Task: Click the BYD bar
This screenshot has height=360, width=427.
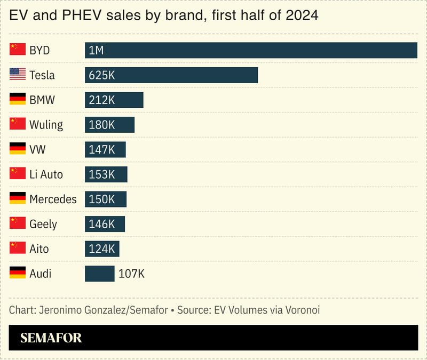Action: coord(251,50)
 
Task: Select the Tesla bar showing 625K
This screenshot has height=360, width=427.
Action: coord(171,75)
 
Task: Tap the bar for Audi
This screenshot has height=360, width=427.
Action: coord(100,274)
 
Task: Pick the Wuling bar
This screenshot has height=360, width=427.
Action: coord(109,125)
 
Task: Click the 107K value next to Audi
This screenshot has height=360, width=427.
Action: coord(131,274)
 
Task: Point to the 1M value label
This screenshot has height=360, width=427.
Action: coord(96,51)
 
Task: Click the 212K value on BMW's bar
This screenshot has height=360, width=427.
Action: coord(102,100)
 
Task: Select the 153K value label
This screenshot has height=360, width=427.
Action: coord(102,174)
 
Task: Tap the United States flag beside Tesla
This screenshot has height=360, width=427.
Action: coord(18,75)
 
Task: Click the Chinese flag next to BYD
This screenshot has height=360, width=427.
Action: coord(18,50)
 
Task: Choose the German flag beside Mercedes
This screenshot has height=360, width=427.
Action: coord(18,199)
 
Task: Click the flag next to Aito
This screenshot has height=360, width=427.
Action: coord(18,249)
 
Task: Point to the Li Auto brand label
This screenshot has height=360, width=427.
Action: coord(46,174)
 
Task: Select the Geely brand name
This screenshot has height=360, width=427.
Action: coord(43,224)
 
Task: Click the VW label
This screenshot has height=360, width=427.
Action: coord(37,150)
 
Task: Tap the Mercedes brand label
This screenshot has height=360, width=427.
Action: coord(53,199)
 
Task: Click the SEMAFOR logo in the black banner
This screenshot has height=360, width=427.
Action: coord(51,338)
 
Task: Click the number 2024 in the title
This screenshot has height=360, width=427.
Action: coord(302,15)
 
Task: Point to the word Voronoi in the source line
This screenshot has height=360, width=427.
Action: coord(301,309)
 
